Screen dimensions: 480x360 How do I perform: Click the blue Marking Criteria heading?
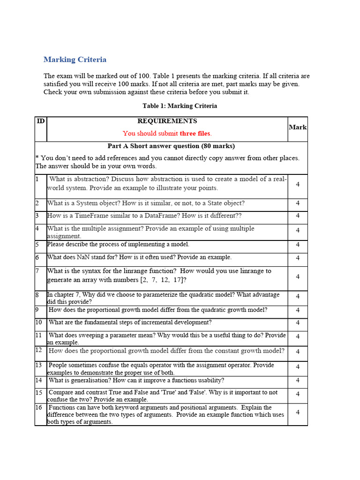75,60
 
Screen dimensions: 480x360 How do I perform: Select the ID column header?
41,121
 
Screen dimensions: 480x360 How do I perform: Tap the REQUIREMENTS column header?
167,121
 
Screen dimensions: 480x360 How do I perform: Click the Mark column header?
298,127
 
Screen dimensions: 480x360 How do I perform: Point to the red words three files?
195,134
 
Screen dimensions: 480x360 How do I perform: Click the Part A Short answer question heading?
171,146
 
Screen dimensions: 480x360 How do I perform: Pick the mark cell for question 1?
298,184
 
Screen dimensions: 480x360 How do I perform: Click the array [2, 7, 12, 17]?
162,280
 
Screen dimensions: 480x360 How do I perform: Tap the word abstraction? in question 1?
82,179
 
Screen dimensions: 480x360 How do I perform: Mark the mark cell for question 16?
298,412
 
